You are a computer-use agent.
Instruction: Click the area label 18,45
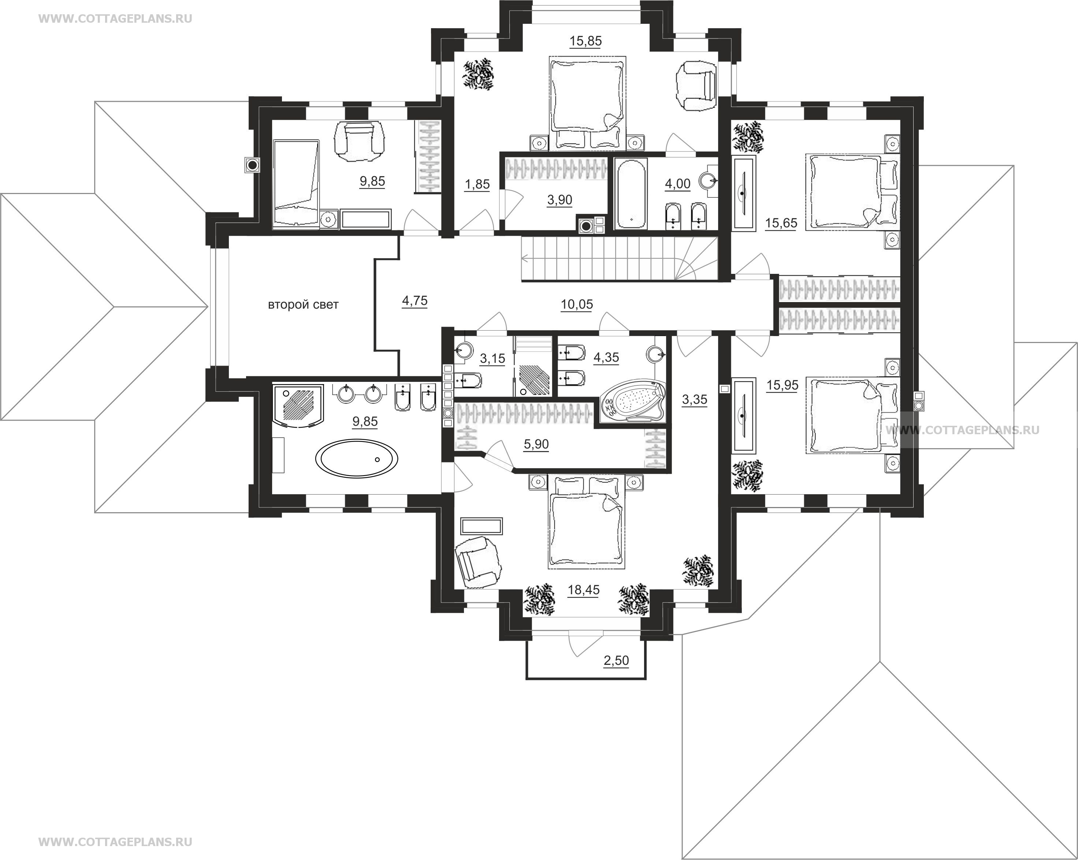click(584, 590)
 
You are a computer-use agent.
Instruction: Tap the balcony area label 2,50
click(616, 660)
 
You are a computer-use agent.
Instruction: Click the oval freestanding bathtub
click(357, 458)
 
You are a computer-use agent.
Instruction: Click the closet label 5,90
click(536, 444)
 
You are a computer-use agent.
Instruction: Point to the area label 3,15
click(492, 358)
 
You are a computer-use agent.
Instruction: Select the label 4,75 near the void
click(415, 301)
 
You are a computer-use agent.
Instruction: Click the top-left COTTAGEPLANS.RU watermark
click(115, 19)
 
